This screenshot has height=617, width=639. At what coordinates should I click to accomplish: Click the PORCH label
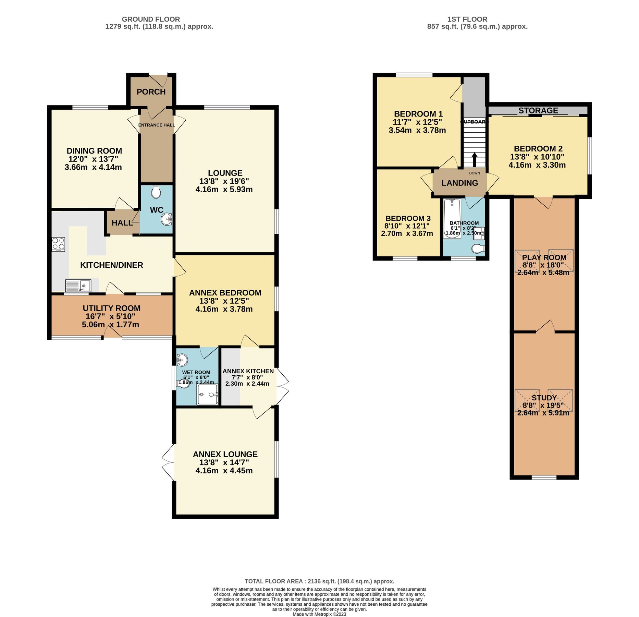point(151,92)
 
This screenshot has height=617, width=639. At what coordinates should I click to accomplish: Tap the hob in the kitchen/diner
point(58,244)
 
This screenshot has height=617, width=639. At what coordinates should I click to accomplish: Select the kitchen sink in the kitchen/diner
point(78,286)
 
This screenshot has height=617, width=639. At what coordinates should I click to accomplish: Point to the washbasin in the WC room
point(167,219)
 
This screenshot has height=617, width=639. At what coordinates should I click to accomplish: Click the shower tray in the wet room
point(207,395)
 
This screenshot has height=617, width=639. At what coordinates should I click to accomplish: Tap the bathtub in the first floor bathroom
point(452,218)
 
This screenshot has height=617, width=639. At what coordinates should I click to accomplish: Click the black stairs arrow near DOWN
point(475,159)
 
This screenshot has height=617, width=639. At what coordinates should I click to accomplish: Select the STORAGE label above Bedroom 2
point(538,110)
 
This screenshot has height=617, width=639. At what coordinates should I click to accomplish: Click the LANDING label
point(459,183)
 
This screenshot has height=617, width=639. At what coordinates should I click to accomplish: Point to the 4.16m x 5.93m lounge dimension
point(224,190)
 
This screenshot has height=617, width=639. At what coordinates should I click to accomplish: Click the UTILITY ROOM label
point(111,308)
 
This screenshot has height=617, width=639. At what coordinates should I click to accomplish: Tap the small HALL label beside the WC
point(122,223)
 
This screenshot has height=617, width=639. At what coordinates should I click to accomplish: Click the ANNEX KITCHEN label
point(248,371)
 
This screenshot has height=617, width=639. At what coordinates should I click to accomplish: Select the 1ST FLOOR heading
point(467,19)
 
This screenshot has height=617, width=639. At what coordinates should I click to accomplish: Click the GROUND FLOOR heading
point(151,19)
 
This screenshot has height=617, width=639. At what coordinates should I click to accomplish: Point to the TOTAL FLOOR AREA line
point(319,581)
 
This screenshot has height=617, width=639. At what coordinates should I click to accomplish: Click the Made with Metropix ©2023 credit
point(319,614)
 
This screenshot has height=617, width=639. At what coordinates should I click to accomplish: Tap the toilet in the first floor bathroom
point(478,249)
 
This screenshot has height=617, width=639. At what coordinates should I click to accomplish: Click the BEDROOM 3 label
point(408,218)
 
